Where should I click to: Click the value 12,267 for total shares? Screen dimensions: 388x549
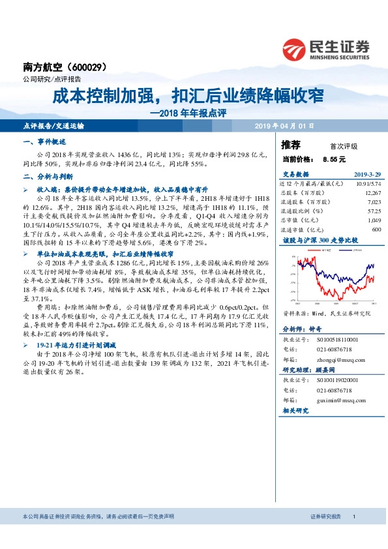pos(372,193)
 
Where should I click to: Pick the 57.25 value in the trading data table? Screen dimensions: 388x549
pos(374,211)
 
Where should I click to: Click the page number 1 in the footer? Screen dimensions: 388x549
pos(353,516)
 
